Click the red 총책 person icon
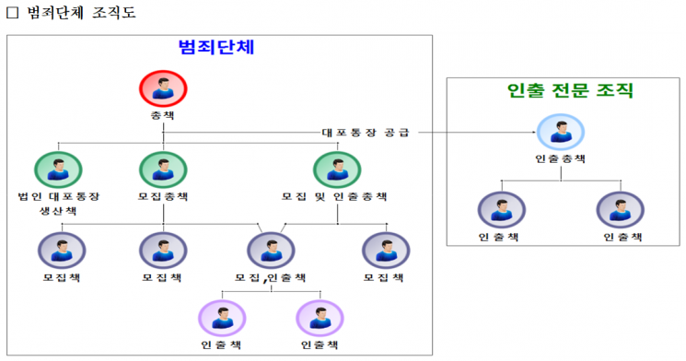[x=163, y=88]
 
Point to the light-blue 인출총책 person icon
[x=560, y=133]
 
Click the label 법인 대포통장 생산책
[x=59, y=203]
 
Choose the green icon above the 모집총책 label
[x=163, y=170]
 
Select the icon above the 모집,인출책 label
[x=271, y=250]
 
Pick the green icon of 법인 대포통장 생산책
[x=58, y=170]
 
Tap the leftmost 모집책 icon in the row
[x=61, y=250]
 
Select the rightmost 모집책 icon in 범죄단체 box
[x=385, y=250]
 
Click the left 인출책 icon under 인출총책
[x=501, y=210]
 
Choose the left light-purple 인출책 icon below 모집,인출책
[x=222, y=319]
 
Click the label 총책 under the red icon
[x=163, y=117]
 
